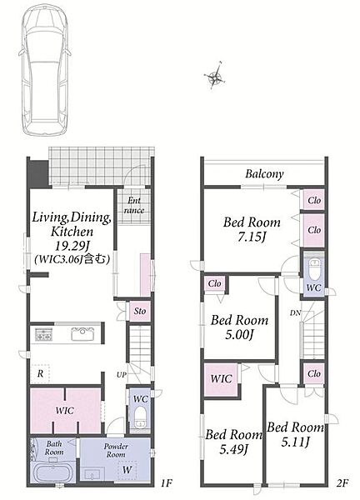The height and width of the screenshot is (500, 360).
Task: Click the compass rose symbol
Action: (x=215, y=77)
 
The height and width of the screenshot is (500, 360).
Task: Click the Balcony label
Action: (x=264, y=174)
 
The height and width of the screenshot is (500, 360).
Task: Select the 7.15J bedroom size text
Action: (x=252, y=237)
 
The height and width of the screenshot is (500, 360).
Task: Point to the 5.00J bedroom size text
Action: (x=239, y=334)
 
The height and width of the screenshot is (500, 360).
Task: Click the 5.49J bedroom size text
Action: (x=233, y=449)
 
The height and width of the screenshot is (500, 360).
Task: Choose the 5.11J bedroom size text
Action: (x=295, y=442)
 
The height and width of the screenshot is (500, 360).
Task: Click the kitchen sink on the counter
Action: (x=82, y=334)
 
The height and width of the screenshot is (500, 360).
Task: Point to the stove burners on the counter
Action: (x=43, y=334)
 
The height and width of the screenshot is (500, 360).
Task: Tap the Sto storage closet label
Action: (x=140, y=311)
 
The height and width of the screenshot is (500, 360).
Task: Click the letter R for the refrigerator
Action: (x=40, y=373)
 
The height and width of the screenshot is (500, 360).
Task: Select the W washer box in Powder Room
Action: (x=127, y=470)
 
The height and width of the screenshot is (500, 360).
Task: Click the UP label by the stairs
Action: (x=122, y=375)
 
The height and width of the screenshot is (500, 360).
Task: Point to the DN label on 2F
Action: (x=295, y=313)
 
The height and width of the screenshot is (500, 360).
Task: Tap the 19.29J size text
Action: (x=72, y=246)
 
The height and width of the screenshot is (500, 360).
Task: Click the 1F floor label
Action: (x=166, y=483)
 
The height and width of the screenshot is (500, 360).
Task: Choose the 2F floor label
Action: (x=342, y=483)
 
